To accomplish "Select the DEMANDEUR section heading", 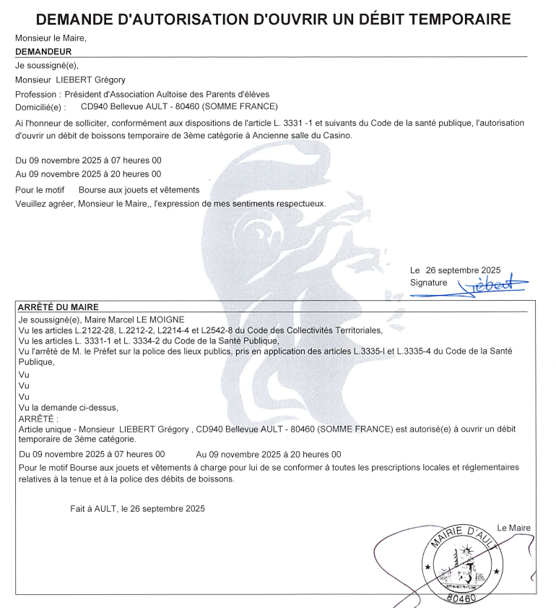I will point(43,52).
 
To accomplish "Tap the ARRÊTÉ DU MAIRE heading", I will point(58,307).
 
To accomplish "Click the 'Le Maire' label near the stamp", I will point(513,528).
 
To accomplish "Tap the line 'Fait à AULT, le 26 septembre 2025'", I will point(137,508).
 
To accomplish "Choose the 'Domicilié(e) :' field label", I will point(40,106).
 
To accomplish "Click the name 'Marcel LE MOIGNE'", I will point(150,320).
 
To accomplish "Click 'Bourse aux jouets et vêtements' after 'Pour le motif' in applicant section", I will point(139,190).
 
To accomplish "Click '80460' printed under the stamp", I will point(462,599).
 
